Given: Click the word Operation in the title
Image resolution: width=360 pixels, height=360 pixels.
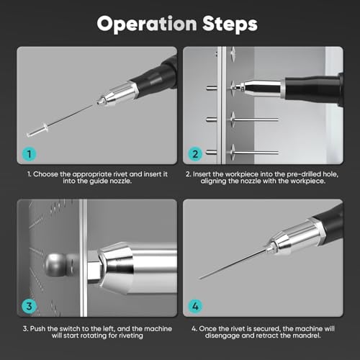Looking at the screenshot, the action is tap(147, 24).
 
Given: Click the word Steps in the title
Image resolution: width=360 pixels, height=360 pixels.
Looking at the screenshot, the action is tap(230, 24).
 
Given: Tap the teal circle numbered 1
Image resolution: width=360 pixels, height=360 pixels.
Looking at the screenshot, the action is tap(30, 154).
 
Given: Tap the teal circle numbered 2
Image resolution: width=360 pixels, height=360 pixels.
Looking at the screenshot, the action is tap(195, 154).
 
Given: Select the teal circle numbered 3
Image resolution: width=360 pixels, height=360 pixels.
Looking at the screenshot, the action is tap(30, 306).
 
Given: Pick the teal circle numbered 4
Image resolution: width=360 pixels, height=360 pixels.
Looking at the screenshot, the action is tap(195, 306).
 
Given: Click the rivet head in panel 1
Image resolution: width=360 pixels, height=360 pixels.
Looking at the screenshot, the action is tap(45, 127).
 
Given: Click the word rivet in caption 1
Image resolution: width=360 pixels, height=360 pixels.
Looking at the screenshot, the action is tap(120, 174).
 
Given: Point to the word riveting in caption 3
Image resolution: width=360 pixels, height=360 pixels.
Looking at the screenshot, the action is tap(130, 336).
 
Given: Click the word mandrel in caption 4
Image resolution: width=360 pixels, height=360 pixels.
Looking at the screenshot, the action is tap(309, 336).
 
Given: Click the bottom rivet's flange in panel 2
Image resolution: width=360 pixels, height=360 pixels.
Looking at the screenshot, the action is tap(233, 152).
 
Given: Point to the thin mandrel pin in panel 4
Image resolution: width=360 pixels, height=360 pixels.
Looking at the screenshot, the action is tap(232, 265).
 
